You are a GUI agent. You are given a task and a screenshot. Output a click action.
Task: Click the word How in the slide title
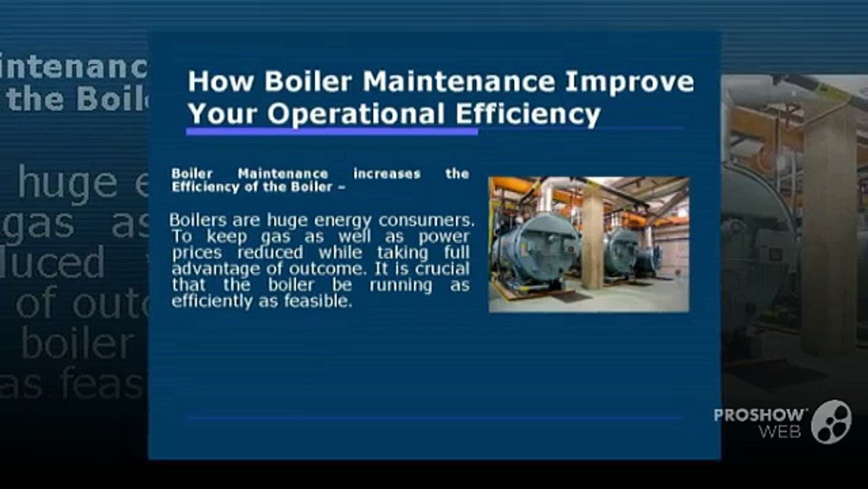pyautogui.click(x=220, y=81)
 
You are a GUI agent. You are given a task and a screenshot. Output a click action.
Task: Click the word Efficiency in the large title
pyautogui.click(x=528, y=114)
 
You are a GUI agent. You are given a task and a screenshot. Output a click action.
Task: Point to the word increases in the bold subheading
pyautogui.click(x=387, y=174)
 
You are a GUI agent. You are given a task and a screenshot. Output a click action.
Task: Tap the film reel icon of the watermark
pyautogui.click(x=831, y=422)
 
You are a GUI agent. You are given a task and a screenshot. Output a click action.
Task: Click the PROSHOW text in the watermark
pyautogui.click(x=760, y=415)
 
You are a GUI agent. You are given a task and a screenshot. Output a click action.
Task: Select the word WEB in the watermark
pyautogui.click(x=779, y=431)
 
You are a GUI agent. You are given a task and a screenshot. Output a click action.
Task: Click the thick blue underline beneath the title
pyautogui.click(x=332, y=131)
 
